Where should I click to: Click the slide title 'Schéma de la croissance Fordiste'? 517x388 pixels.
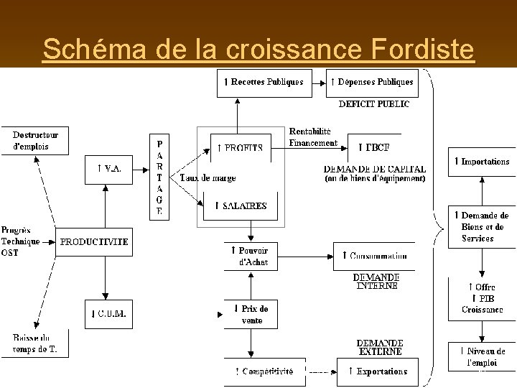pyautogui.click(x=258, y=49)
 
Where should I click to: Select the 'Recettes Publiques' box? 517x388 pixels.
pyautogui.click(x=264, y=82)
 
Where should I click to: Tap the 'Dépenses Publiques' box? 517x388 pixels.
pyautogui.click(x=371, y=82)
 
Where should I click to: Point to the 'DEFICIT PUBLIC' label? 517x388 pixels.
pyautogui.click(x=374, y=104)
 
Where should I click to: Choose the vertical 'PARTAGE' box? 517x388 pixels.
pyautogui.click(x=159, y=176)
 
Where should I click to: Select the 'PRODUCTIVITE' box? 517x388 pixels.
pyautogui.click(x=94, y=242)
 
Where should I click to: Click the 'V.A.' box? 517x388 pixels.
pyautogui.click(x=109, y=169)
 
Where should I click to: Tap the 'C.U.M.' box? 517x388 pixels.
pyautogui.click(x=109, y=313)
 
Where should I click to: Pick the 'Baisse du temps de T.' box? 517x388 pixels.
pyautogui.click(x=40, y=343)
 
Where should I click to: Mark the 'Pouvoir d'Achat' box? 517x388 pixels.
pyautogui.click(x=249, y=256)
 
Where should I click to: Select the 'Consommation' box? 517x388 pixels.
pyautogui.click(x=373, y=256)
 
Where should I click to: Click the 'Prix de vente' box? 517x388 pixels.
pyautogui.click(x=249, y=315)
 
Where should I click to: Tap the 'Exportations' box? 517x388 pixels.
pyautogui.click(x=373, y=371)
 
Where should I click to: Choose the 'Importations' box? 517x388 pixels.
pyautogui.click(x=482, y=162)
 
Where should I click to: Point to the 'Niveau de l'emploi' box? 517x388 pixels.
pyautogui.click(x=482, y=357)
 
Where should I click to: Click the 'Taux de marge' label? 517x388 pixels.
pyautogui.click(x=208, y=178)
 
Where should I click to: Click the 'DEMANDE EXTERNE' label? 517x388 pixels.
pyautogui.click(x=380, y=348)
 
